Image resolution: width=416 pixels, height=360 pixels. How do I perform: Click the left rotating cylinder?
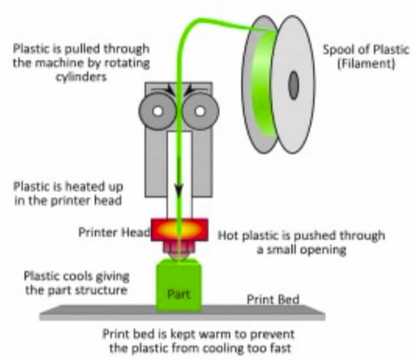tap(158, 109)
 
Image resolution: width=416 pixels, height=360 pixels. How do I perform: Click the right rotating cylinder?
tap(200, 109)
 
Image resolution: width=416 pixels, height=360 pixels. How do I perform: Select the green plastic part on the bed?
tap(179, 286)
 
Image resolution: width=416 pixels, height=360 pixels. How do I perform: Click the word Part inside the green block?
tap(179, 294)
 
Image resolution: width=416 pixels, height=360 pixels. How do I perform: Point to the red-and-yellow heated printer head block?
tap(179, 231)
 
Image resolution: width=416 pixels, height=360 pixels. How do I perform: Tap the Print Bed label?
tap(273, 300)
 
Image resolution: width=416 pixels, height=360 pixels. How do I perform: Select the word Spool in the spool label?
tap(338, 50)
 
